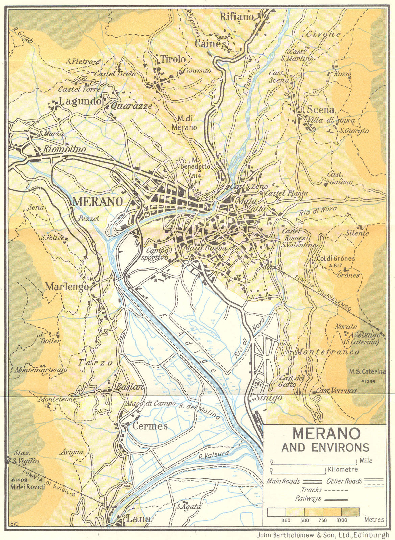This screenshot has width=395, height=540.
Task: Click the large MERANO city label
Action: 97,201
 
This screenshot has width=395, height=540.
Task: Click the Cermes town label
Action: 150,426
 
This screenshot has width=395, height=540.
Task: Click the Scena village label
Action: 321,110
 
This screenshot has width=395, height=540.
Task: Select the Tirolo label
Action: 173,59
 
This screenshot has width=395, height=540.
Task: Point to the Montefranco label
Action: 327,352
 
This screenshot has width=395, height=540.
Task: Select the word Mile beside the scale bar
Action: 366,461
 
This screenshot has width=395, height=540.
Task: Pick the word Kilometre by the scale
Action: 343,470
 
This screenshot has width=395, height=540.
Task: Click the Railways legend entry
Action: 308,498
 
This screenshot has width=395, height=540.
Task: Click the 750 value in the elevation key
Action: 322,520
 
